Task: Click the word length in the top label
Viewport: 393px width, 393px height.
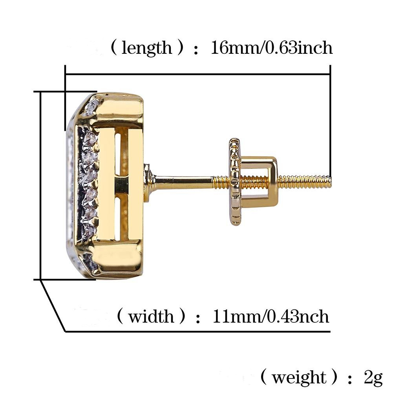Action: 146,48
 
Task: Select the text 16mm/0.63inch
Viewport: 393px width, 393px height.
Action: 272,48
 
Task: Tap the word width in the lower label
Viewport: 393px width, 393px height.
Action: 151,316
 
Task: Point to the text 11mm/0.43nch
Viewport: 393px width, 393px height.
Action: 271,316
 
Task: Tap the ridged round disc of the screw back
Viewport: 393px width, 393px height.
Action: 235,182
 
